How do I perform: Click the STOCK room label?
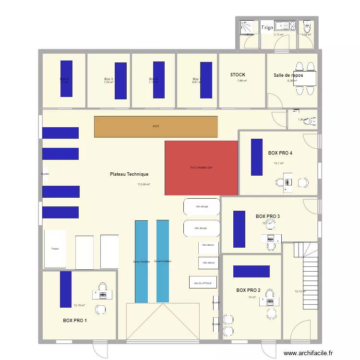[238, 75]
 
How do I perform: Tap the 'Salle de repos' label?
[288, 75]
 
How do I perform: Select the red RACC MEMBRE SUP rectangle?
[201, 168]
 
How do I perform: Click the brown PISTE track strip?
[156, 127]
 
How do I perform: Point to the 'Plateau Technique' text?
[129, 174]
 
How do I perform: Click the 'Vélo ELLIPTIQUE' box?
[203, 283]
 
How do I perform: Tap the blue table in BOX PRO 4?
[257, 157]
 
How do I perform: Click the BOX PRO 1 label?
[75, 320]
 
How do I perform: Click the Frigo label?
[267, 28]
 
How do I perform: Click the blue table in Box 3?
[121, 81]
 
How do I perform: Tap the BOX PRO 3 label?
[268, 216]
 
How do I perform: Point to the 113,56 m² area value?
[144, 184]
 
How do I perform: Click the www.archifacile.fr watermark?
[308, 353]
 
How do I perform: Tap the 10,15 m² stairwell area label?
[300, 291]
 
